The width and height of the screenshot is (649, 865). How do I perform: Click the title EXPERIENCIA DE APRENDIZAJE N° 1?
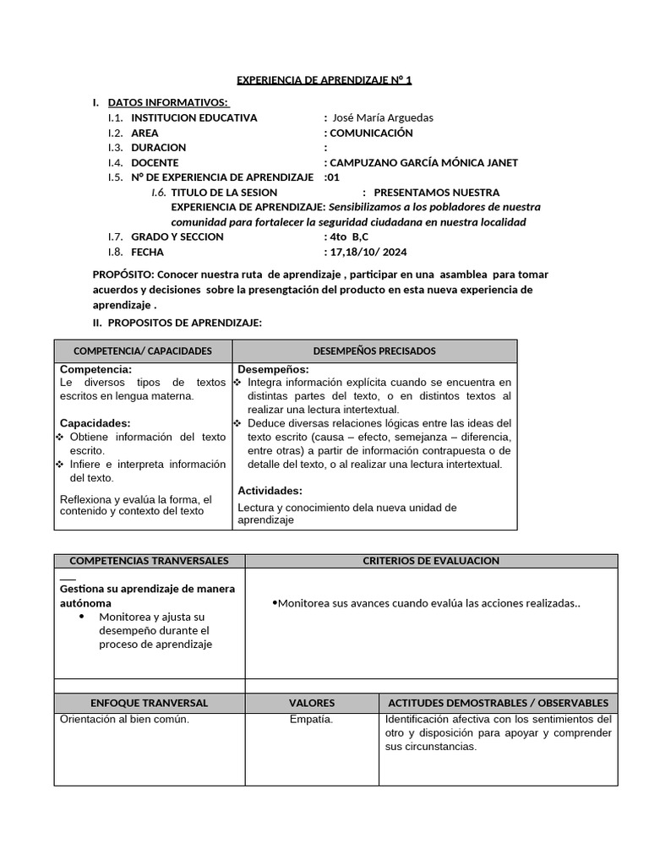(324, 80)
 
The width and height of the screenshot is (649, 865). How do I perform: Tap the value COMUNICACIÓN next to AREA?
(371, 133)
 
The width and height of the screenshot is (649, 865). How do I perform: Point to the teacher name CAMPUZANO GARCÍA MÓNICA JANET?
(423, 163)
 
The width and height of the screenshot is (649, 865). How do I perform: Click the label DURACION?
(158, 148)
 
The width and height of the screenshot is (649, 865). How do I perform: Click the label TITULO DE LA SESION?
(224, 193)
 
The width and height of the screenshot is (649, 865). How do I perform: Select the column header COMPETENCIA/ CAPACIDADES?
(143, 351)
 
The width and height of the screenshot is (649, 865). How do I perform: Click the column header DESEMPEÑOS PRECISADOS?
(374, 351)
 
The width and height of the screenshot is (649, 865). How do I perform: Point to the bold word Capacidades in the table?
(95, 422)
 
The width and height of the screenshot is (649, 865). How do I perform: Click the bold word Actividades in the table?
(270, 490)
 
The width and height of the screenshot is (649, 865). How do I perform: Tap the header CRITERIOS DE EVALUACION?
(431, 561)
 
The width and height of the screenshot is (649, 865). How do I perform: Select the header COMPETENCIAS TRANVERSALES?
(149, 561)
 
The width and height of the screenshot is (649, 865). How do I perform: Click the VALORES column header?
(312, 703)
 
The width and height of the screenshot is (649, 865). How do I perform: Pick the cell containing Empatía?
(311, 720)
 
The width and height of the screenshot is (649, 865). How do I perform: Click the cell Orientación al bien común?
(124, 720)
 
